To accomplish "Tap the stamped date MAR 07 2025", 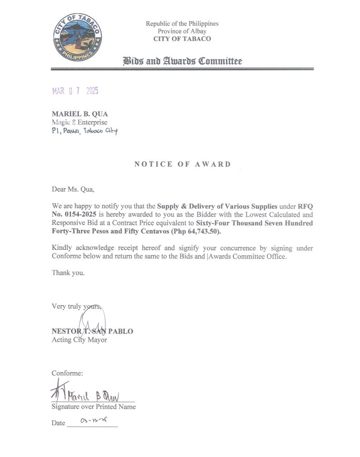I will tap(75, 91).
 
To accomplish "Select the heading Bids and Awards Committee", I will tap(182, 61).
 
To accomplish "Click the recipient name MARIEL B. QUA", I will tap(80, 114).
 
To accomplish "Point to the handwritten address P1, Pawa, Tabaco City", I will tap(84, 131).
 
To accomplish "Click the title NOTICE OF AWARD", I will tap(182, 164).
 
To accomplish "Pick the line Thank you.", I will tap(68, 273).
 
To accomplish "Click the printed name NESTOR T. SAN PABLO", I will tap(92, 331).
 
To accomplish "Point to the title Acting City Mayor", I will tap(79, 340).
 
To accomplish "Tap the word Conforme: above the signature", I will tap(68, 373).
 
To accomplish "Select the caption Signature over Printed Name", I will tap(93, 407).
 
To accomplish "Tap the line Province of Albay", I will tap(182, 31).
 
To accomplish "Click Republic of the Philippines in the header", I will tap(182, 24).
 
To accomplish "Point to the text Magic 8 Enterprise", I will tap(79, 122).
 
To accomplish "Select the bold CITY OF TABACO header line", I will tap(182, 39).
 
